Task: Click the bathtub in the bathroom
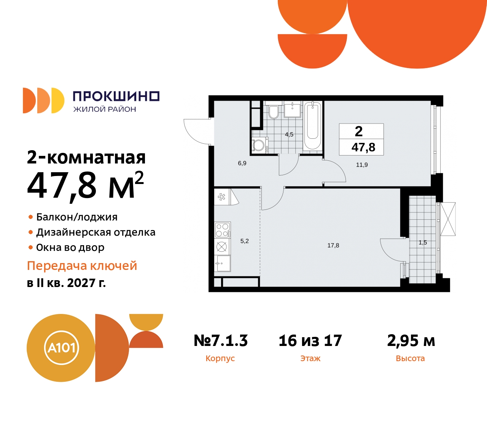click(312, 125)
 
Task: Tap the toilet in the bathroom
click(273, 111)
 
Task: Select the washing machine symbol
click(259, 145)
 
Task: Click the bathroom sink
click(293, 110)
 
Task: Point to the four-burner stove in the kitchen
click(223, 230)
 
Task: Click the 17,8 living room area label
click(333, 246)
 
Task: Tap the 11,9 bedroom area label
click(362, 165)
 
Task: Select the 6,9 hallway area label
click(242, 163)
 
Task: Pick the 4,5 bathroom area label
click(289, 135)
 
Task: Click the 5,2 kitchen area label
click(244, 241)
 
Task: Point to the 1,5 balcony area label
click(423, 243)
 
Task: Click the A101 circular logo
click(61, 348)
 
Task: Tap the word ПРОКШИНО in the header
click(116, 97)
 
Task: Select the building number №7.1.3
click(221, 341)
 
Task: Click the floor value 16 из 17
click(310, 341)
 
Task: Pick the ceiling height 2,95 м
click(411, 341)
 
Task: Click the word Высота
click(410, 359)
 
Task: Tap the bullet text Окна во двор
click(70, 247)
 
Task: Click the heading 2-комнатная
click(86, 157)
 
